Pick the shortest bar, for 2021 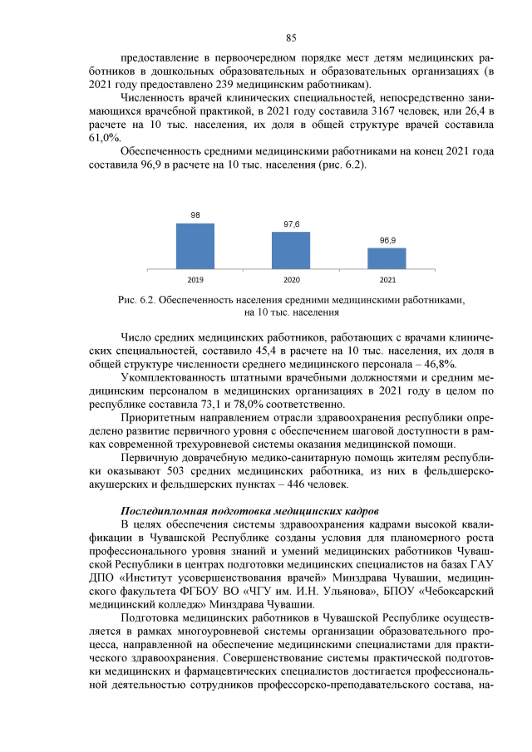[387, 258]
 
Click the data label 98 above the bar [195, 215]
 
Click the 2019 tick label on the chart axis [195, 279]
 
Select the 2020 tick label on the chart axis [291, 279]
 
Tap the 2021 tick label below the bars [387, 279]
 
